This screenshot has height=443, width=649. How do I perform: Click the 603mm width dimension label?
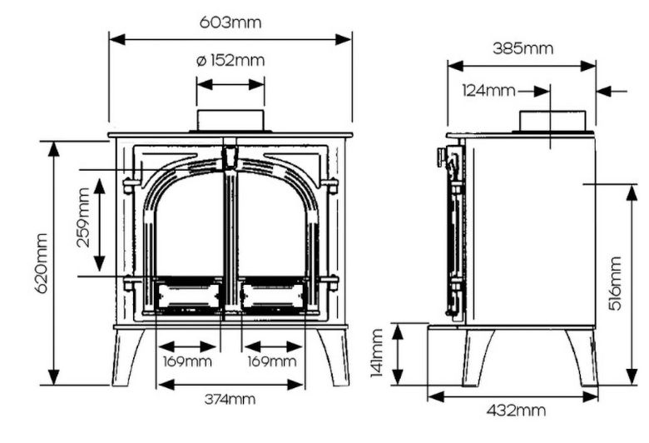click(230, 22)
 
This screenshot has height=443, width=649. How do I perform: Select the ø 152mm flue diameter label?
click(230, 60)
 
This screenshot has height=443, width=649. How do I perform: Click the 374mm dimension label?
click(230, 399)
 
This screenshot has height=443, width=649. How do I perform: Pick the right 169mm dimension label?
click(272, 361)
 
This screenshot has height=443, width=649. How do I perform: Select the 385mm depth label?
click(522, 48)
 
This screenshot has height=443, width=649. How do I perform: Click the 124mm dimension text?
click(488, 91)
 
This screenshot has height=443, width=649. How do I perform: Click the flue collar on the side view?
click(552, 121)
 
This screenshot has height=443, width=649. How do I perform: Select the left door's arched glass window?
click(188, 225)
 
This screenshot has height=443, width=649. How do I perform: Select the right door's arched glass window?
click(272, 225)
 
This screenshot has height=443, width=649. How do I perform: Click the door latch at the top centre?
click(230, 157)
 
